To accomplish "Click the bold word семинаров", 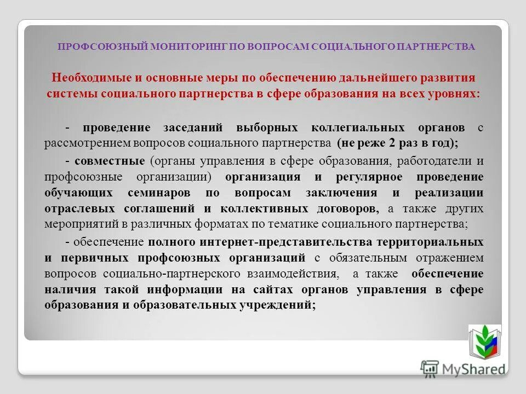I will pos(159,193).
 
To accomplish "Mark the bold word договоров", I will pos(349,208).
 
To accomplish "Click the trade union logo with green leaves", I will pos(484,341).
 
